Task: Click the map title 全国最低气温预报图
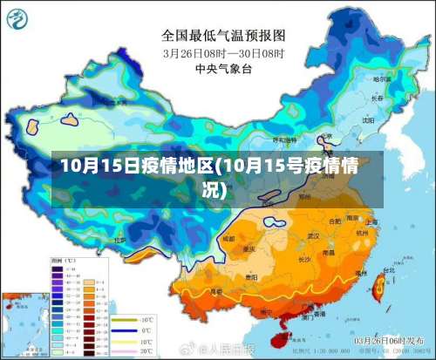[224, 37]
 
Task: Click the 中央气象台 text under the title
[224, 67]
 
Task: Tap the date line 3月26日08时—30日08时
[224, 52]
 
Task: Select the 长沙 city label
[303, 259]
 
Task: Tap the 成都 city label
[228, 237]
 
